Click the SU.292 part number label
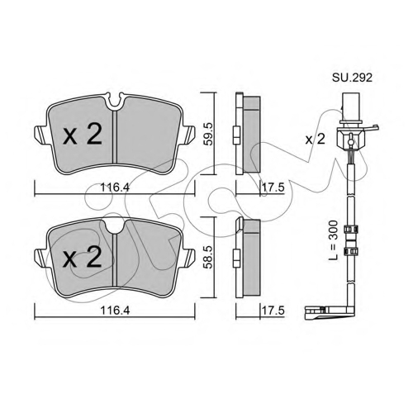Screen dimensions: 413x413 pyautogui.click(x=352, y=78)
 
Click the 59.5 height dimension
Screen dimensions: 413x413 pyautogui.click(x=208, y=134)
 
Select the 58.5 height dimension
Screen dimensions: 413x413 pyautogui.click(x=208, y=257)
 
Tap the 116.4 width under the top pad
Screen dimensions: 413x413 pyautogui.click(x=115, y=188)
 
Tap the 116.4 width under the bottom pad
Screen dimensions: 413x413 pyautogui.click(x=115, y=311)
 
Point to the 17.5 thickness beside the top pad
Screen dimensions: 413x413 pyautogui.click(x=273, y=188)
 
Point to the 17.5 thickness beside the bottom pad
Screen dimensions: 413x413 pyautogui.click(x=273, y=311)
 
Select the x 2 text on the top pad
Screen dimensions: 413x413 pyautogui.click(x=83, y=135)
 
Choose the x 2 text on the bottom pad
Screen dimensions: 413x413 pyautogui.click(x=83, y=257)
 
